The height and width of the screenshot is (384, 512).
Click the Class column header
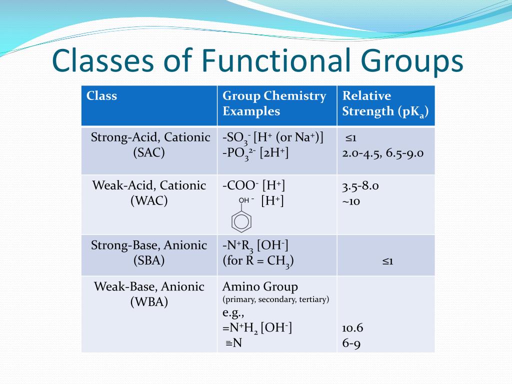(x=101, y=95)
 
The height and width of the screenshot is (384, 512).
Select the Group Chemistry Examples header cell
(x=274, y=103)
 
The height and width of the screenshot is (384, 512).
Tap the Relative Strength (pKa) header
(x=385, y=103)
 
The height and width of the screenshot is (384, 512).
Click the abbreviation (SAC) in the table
(x=149, y=152)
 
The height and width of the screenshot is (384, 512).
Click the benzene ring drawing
(x=241, y=221)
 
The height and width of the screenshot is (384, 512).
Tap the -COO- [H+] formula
(x=253, y=185)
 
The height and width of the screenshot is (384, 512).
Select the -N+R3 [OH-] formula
(x=255, y=245)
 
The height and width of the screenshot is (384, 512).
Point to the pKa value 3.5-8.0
(x=360, y=186)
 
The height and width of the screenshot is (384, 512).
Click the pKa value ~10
(x=351, y=201)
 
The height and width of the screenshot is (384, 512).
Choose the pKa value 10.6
(x=352, y=328)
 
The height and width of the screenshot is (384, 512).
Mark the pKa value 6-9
(x=351, y=343)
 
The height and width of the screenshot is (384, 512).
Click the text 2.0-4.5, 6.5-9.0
(x=382, y=153)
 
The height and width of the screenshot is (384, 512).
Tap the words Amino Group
(x=260, y=286)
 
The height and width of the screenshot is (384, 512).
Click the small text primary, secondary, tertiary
(x=275, y=299)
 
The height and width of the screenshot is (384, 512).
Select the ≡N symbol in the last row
(x=234, y=342)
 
